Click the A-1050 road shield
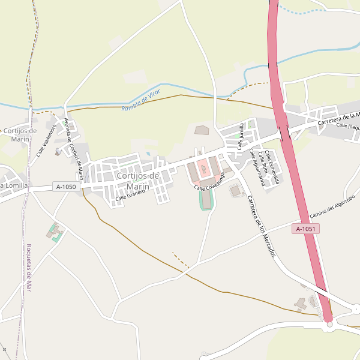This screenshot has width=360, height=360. pos(66,187)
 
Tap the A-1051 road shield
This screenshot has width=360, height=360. pos(306,229)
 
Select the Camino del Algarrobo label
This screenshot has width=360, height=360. pos(332,206)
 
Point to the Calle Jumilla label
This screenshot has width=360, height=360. pos(241,136)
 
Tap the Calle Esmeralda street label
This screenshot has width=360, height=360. pos(275,164)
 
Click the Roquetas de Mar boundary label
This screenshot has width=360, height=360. pos(29,268)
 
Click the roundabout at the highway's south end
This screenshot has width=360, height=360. pos(329,325)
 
